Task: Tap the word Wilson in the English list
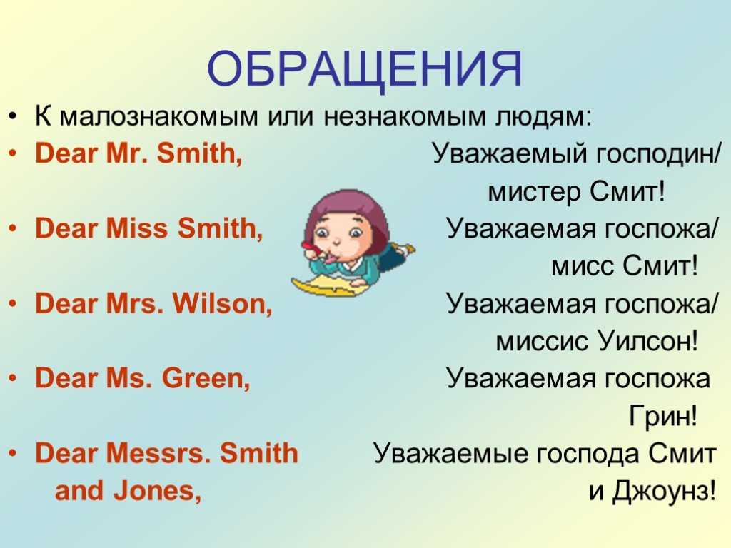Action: point(223,303)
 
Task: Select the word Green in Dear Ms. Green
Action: point(206,378)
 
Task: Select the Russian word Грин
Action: point(663,416)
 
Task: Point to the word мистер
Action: point(535,192)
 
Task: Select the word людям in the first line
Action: point(543,116)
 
